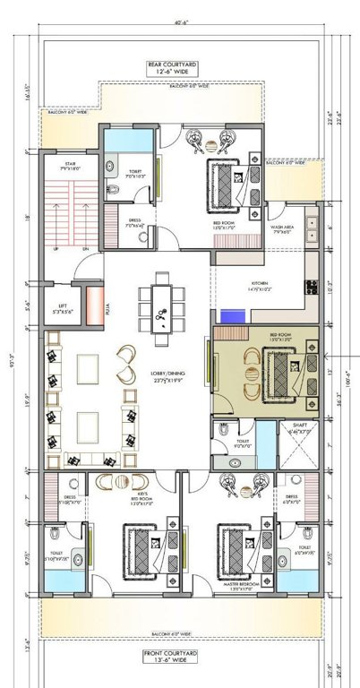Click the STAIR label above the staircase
pyautogui.click(x=70, y=165)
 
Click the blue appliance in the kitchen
pyautogui.click(x=233, y=317)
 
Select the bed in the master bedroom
pyautogui.click(x=237, y=545)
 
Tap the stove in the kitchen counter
pyautogui.click(x=313, y=288)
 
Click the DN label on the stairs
pyautogui.click(x=84, y=248)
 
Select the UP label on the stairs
pyautogui.click(x=58, y=248)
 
